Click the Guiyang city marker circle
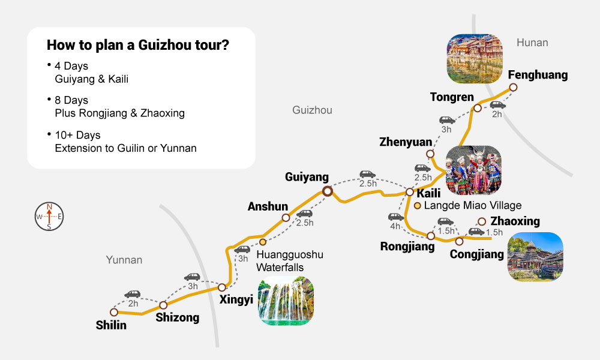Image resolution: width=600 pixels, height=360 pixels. pyautogui.click(x=328, y=191)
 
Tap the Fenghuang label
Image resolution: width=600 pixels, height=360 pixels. pyautogui.click(x=537, y=75)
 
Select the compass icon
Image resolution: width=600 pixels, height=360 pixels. pyautogui.click(x=49, y=216)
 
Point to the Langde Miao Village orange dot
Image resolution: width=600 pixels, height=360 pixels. pyautogui.click(x=418, y=205)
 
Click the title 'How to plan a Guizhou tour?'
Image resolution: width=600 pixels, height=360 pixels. pyautogui.click(x=137, y=46)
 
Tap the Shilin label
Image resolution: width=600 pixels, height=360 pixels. pyautogui.click(x=112, y=325)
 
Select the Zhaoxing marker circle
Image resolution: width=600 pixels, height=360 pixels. pyautogui.click(x=481, y=221)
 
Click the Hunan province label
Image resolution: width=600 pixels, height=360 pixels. pyautogui.click(x=532, y=43)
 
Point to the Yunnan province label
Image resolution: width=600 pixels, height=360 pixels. pyautogui.click(x=124, y=260)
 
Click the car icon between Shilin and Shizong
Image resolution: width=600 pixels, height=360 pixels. pyautogui.click(x=132, y=294)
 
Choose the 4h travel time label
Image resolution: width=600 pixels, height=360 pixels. pyautogui.click(x=395, y=226)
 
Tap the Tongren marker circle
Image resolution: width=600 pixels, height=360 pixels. pyautogui.click(x=477, y=108)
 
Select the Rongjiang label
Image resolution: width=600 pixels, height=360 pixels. pyautogui.click(x=407, y=246)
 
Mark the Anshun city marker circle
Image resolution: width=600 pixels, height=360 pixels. pyautogui.click(x=286, y=218)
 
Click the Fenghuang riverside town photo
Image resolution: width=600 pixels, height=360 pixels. pyautogui.click(x=474, y=58)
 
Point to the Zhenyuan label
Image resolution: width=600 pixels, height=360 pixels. pyautogui.click(x=406, y=142)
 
